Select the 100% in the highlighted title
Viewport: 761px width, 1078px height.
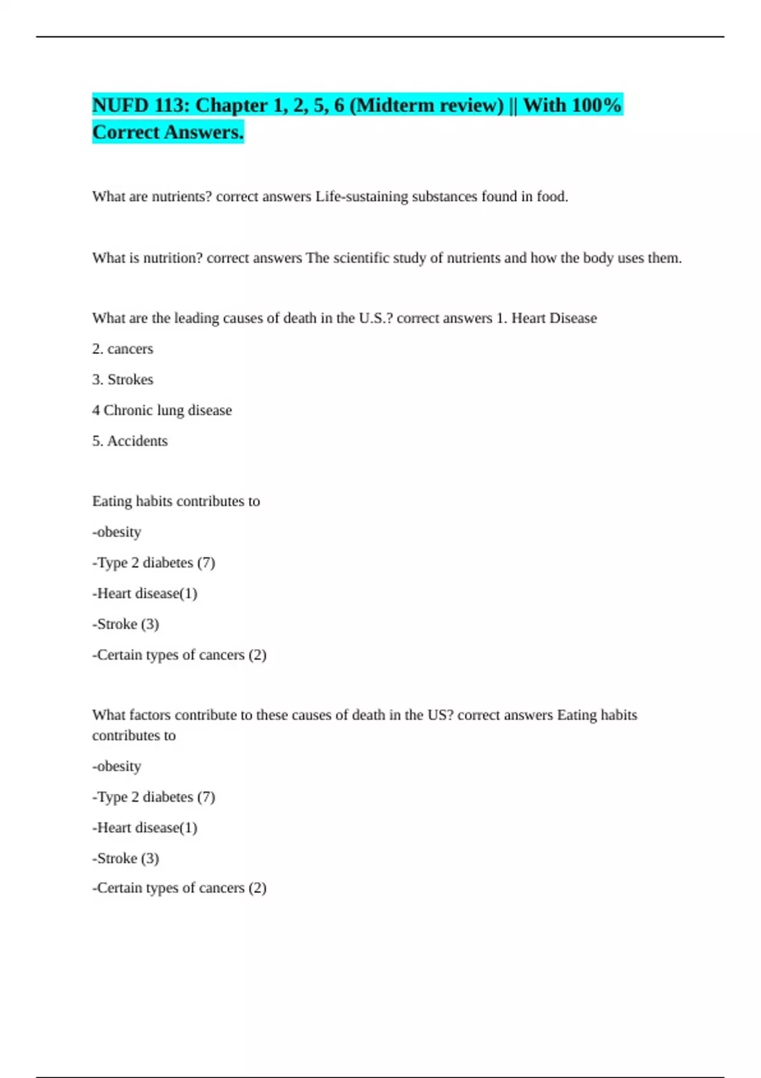596,105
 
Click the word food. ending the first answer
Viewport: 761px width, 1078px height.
552,197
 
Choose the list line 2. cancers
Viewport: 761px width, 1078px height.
122,349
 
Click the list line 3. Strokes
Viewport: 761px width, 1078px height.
122,380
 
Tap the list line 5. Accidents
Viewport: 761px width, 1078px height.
130,441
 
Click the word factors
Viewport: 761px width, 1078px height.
150,715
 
